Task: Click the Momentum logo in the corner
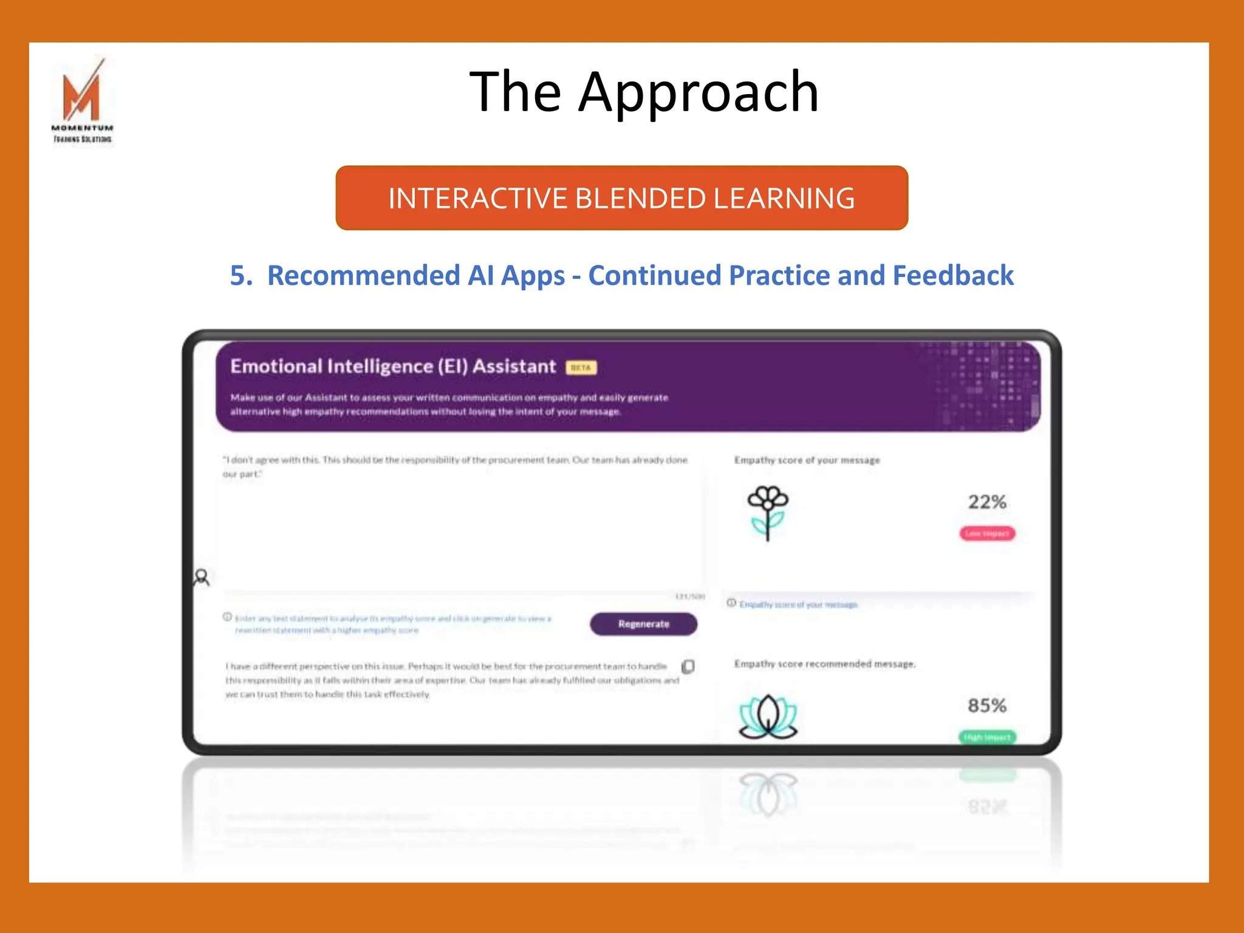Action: pos(83,101)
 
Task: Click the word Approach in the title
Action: pos(699,92)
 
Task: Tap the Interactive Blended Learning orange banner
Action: pos(621,198)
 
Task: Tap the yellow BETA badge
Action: pos(581,367)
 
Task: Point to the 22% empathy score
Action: pos(987,502)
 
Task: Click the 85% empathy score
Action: pos(987,706)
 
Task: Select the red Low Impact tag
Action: pos(987,533)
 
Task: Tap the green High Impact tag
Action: pos(987,737)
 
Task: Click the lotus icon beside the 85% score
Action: pos(768,717)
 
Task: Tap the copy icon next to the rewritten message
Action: pos(688,667)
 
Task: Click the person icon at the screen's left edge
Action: pos(202,577)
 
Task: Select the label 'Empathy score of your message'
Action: pos(807,460)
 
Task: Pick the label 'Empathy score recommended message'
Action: pos(824,664)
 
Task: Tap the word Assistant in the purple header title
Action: pos(514,366)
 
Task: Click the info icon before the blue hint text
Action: pos(227,617)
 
